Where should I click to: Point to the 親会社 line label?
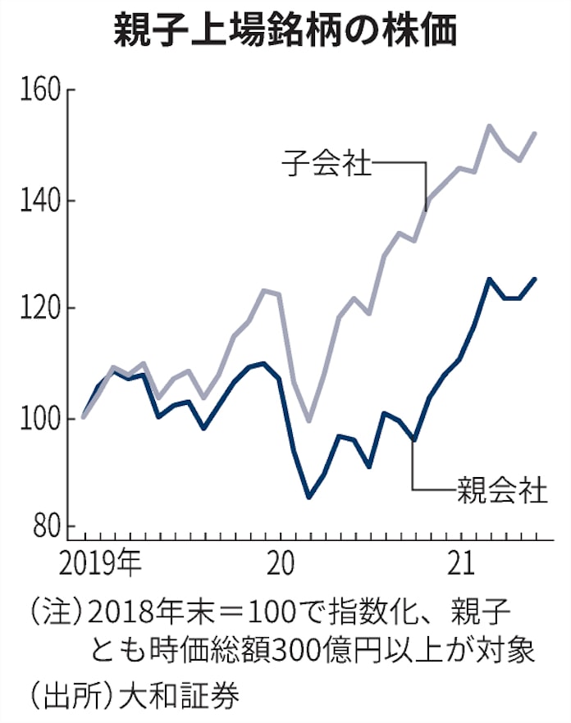pos(501,489)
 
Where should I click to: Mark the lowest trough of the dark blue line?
pos(308,498)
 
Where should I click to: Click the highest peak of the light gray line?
pos(489,125)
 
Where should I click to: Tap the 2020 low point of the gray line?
pos(308,421)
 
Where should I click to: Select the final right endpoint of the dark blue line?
pos(536,279)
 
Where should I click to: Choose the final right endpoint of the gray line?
pos(536,133)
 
